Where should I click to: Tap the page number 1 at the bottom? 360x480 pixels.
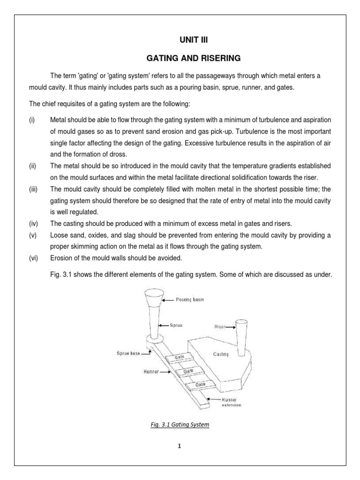[x=179, y=446]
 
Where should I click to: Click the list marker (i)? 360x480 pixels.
[x=31, y=120]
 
